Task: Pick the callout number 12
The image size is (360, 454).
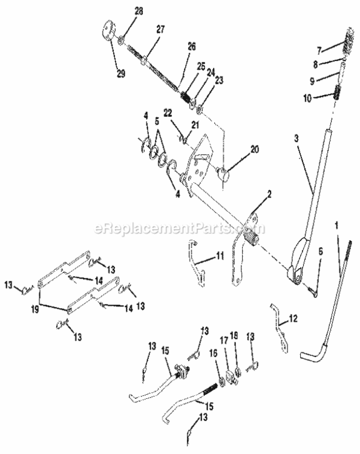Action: [293, 318]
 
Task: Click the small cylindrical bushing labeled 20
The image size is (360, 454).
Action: [225, 176]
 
